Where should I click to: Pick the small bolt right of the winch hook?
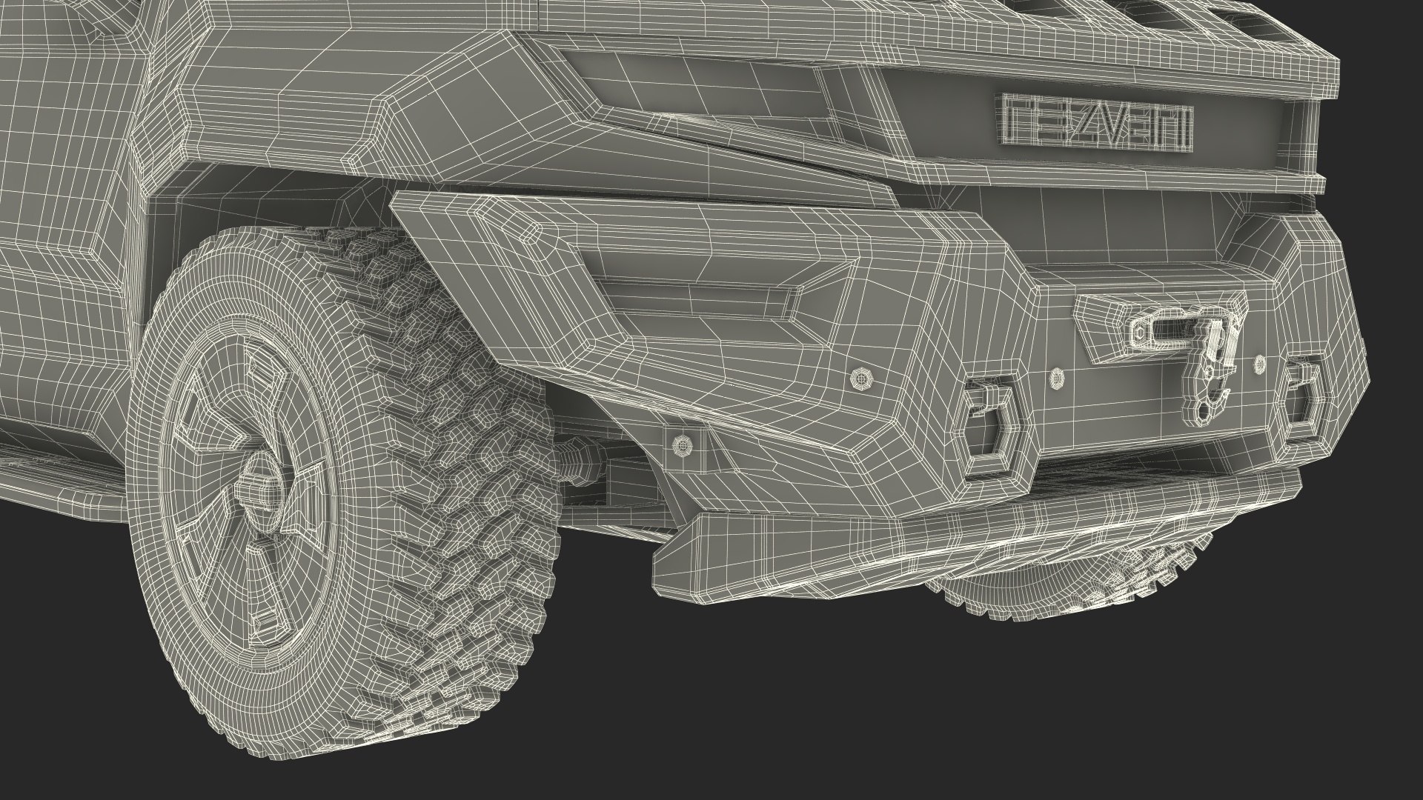1258,364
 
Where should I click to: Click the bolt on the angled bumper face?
862,379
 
